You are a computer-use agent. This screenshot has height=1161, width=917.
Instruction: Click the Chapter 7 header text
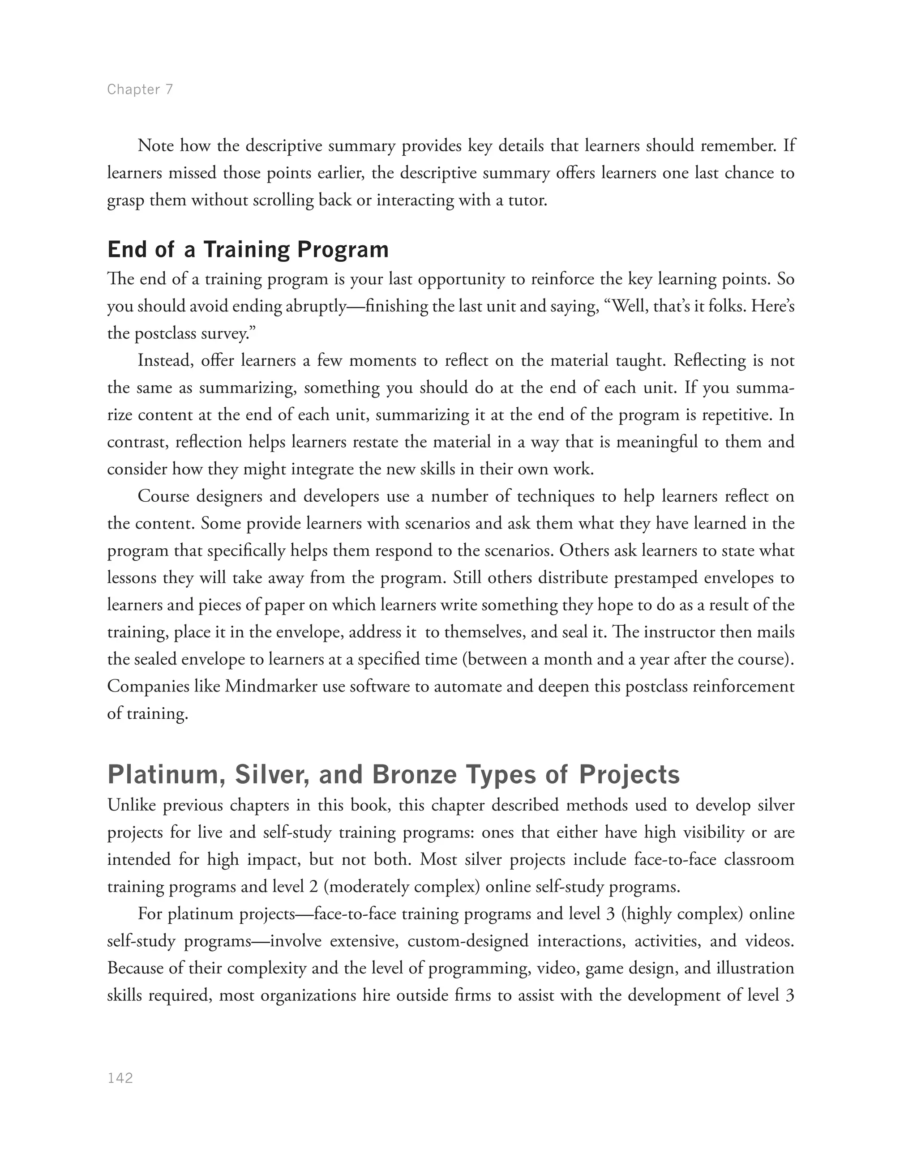point(140,89)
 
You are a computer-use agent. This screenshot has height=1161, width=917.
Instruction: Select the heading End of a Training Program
point(248,250)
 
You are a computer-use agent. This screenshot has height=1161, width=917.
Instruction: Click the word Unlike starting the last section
point(132,805)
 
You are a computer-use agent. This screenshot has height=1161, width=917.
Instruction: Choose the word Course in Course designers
point(163,496)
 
